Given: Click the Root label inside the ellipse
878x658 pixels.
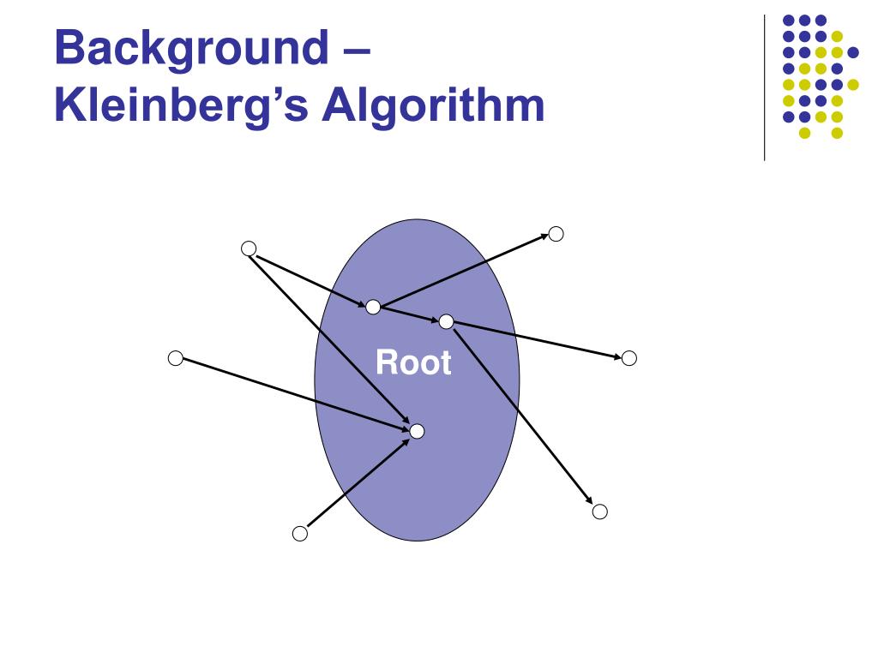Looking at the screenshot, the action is [x=413, y=363].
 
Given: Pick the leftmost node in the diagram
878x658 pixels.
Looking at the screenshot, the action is [x=176, y=358].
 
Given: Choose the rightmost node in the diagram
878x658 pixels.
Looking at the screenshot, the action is [x=628, y=358].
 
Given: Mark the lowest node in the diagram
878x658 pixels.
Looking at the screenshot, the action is [x=299, y=534].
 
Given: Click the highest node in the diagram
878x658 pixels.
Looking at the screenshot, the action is [x=556, y=233].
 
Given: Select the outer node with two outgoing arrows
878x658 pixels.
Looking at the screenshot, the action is [x=249, y=248].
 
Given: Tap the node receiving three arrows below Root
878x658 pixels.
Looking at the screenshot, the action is [x=417, y=431].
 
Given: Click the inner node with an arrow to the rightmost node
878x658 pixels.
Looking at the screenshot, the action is [x=446, y=322].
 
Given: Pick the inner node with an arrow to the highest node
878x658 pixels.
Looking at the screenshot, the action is [x=373, y=307].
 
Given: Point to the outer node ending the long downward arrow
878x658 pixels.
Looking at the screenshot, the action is [x=599, y=511].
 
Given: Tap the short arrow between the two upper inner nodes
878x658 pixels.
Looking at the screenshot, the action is [x=410, y=314].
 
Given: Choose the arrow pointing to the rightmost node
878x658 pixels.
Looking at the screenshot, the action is [x=536, y=340].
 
